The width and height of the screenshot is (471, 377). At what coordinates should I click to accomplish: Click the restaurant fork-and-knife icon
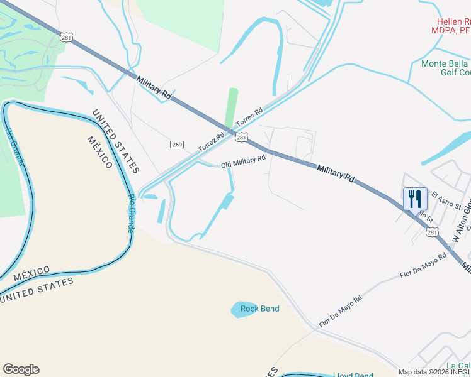pyautogui.click(x=415, y=199)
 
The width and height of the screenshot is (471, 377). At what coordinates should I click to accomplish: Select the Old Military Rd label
pyautogui.click(x=243, y=163)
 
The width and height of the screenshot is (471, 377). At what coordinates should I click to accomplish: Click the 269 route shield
pyautogui.click(x=176, y=145)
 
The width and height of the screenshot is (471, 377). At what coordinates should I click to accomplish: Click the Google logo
pyautogui.click(x=21, y=369)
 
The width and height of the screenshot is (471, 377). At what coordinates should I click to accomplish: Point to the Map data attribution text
pyautogui.click(x=434, y=372)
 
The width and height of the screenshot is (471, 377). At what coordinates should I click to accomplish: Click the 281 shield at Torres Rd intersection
pyautogui.click(x=242, y=137)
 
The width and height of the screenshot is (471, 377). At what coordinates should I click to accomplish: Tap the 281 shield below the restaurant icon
pyautogui.click(x=431, y=232)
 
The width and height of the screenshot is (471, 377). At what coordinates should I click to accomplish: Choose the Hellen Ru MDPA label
pyautogui.click(x=450, y=26)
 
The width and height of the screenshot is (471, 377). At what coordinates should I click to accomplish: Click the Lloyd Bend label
pyautogui.click(x=353, y=376)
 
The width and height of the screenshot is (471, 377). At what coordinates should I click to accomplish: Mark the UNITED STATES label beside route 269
pyautogui.click(x=115, y=142)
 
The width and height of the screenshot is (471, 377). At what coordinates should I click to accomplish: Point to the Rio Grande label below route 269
pyautogui.click(x=132, y=214)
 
